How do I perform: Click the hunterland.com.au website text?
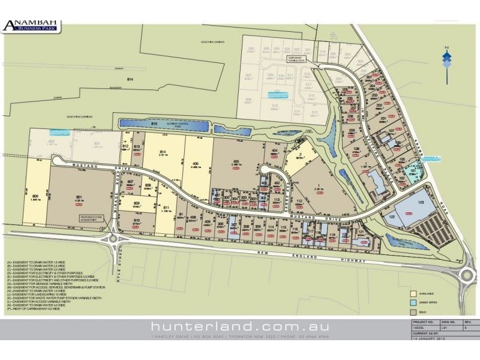(x=240, y=326)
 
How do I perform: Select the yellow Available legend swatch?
(x=413, y=294)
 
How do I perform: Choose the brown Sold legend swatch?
(x=413, y=313)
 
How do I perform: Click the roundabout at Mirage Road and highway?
(x=113, y=239)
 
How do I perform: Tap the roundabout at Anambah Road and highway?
(x=467, y=275)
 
